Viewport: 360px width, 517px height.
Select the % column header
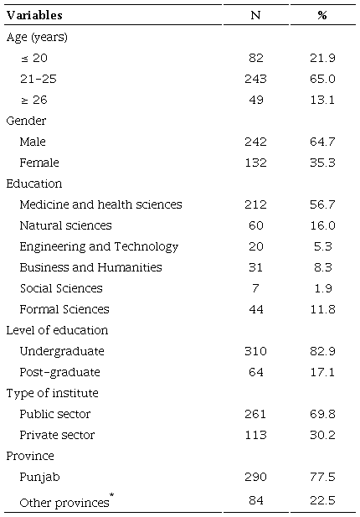tap(321, 16)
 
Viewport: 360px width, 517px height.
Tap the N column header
tap(255, 16)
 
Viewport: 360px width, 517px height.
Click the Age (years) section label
tap(37, 37)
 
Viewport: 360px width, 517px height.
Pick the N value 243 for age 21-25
tap(255, 79)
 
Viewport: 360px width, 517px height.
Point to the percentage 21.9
tap(321, 58)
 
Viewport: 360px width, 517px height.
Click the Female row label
tap(39, 163)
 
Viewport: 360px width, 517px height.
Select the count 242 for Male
tap(255, 142)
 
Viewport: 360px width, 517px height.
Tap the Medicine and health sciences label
tap(100, 204)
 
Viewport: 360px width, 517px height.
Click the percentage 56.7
tap(321, 204)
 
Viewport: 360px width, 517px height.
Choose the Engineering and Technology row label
tap(99, 246)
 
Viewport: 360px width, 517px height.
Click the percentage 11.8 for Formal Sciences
tap(321, 309)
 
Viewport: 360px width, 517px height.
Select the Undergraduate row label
tap(62, 351)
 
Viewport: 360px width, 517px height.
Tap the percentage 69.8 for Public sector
tap(321, 414)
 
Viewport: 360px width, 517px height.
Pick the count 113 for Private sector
tap(255, 435)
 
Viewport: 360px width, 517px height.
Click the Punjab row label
tap(38, 477)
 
